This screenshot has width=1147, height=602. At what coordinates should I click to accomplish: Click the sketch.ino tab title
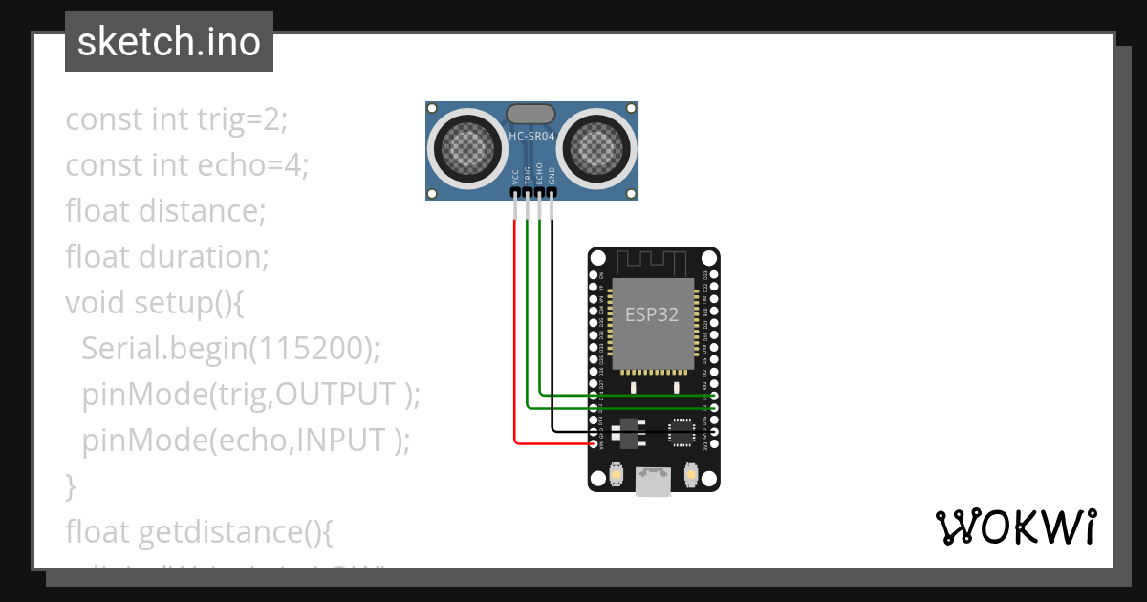pos(169,42)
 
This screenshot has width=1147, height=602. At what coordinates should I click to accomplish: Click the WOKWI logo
pos(1014,527)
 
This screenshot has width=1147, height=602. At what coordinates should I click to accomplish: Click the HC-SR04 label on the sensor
pos(531,137)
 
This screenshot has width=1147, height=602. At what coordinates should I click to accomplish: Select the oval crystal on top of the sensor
pos(530,114)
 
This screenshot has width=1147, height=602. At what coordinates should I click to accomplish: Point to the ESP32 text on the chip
pos(653,314)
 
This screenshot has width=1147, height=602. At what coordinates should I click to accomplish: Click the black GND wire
pos(552,334)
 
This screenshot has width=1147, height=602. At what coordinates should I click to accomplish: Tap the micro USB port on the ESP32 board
pos(653,482)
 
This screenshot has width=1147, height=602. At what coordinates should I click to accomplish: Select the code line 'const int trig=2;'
pos(176,119)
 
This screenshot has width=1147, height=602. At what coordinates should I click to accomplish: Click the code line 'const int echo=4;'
pos(186,165)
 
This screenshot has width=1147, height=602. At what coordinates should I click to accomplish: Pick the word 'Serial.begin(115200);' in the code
pos(230,349)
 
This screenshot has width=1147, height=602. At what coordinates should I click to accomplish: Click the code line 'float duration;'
pos(167,257)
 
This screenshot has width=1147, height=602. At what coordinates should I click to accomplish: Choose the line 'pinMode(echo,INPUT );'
pos(246,441)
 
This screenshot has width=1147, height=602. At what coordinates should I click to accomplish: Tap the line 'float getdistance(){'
pos(199,531)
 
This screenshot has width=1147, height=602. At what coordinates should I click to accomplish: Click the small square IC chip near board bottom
pos(682,431)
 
